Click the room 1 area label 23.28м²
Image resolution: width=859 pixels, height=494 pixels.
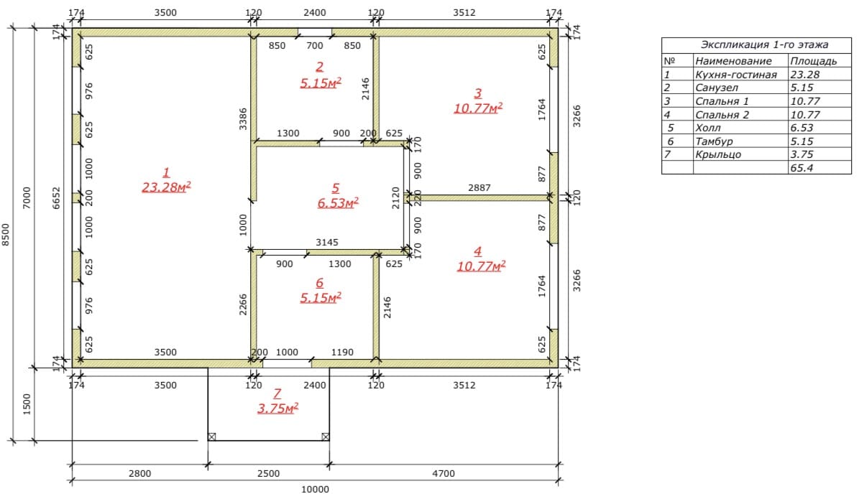tap(166, 187)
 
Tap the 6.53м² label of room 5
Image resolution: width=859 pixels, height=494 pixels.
tap(337, 203)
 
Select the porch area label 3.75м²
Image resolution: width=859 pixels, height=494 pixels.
tap(277, 409)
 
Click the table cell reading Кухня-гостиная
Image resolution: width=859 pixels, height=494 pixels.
tap(736, 75)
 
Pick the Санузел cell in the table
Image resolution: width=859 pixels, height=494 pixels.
tap(717, 88)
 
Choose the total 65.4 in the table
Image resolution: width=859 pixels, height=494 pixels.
tap(801, 168)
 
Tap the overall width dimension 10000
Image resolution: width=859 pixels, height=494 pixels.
tap(315, 489)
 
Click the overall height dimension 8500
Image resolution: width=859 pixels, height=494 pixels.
tap(6, 234)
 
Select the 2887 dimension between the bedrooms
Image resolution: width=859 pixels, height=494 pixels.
tap(479, 187)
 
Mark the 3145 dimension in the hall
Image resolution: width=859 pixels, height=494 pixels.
tap(327, 243)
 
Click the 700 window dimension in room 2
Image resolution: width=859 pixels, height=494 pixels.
tap(314, 46)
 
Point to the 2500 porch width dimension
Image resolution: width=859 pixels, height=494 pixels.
tap(268, 474)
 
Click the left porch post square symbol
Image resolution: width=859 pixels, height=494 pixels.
tap(211, 437)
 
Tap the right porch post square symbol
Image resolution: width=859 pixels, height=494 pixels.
tap(326, 437)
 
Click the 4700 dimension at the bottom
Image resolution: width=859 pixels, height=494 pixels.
tap(444, 474)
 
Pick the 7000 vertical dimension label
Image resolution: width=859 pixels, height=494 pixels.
tap(27, 198)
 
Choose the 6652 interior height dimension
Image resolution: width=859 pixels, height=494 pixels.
tap(56, 198)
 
